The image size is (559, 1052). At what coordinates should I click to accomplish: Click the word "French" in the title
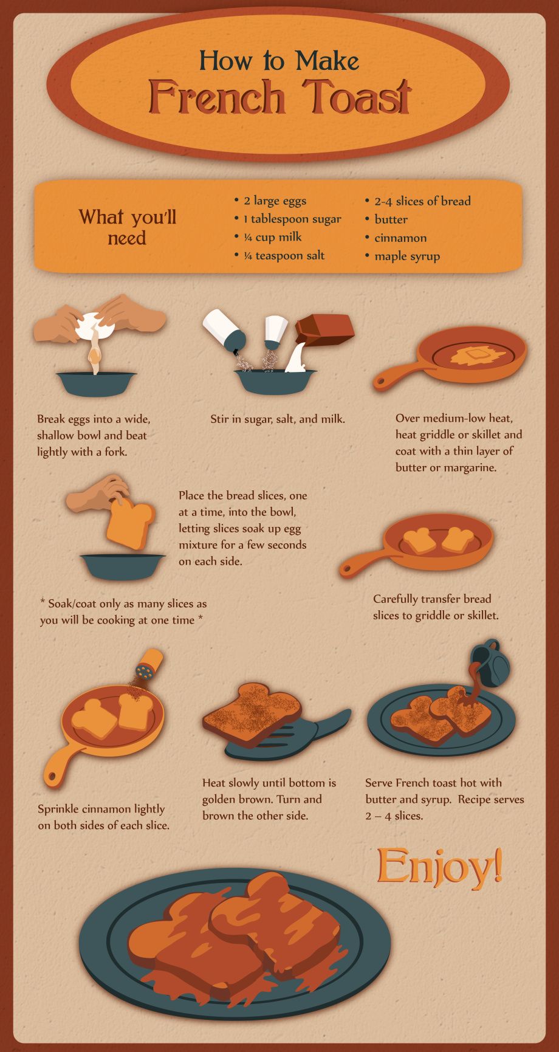point(216,97)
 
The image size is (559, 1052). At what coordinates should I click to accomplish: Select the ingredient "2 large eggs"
point(275,201)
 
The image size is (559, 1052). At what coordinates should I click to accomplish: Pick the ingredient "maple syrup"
point(407,256)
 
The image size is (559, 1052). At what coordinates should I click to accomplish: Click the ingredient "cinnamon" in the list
point(400,238)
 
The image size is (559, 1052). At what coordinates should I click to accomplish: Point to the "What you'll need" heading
point(128,227)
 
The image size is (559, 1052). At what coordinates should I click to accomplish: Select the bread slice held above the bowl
point(130,525)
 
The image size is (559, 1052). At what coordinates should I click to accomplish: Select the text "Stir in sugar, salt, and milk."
point(278,419)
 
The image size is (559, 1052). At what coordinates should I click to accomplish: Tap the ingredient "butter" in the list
point(391,219)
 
